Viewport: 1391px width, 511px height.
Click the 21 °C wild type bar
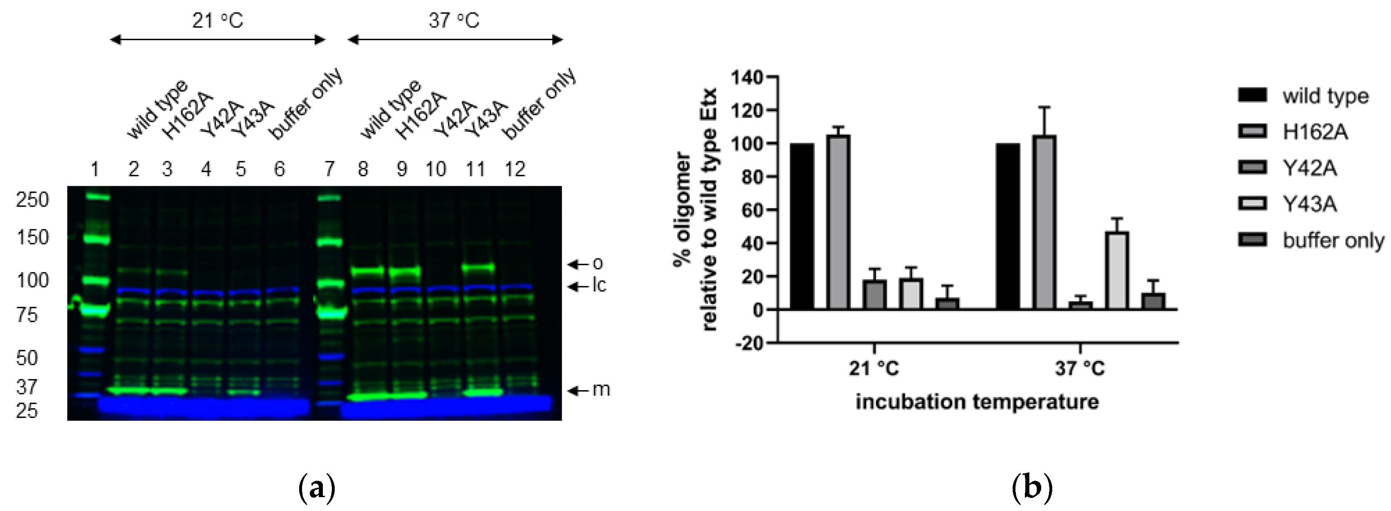(802, 227)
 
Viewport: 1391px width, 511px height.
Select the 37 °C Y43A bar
(1117, 270)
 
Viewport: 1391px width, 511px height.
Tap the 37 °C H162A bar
(1044, 222)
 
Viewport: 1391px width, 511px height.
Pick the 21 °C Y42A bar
(874, 294)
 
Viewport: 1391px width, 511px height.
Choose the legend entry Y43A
(1309, 204)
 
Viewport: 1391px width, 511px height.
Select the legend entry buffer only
(1333, 240)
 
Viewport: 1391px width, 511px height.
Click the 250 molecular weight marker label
(32, 200)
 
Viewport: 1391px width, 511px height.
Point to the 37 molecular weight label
(27, 387)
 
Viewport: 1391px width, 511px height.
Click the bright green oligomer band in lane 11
(478, 267)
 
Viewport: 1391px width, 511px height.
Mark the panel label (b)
(1032, 487)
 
